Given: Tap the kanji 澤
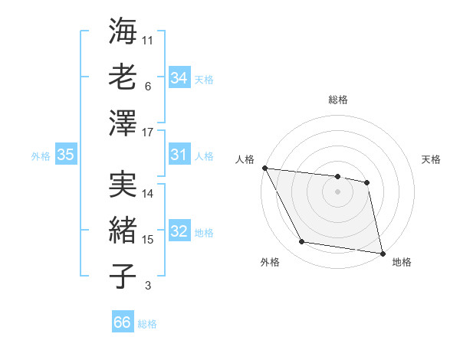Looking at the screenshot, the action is point(123,122).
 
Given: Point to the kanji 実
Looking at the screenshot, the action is point(123,184).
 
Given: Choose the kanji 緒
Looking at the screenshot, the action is point(123,229).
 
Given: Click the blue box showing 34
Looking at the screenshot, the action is point(179,78).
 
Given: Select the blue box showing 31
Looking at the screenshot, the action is point(179,155).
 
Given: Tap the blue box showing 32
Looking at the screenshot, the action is point(179,232).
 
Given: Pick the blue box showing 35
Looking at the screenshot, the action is point(66,155).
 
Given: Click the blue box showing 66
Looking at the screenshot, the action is point(123,322).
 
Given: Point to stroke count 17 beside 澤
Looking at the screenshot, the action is point(148,132).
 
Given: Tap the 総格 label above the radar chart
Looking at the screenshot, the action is point(338,100).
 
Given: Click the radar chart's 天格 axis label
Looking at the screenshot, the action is point(431,159).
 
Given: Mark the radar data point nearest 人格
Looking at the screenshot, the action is point(264,168).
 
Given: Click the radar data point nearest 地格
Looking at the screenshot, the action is point(382,253).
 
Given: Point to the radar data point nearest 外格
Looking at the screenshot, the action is point(301,242).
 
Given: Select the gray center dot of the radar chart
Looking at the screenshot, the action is point(337,191).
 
